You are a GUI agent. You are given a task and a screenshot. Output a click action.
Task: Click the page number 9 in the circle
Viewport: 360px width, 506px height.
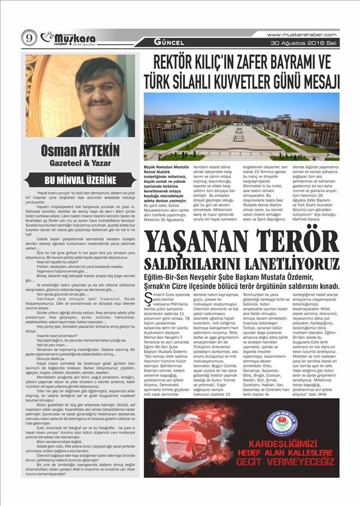click(x=28, y=38)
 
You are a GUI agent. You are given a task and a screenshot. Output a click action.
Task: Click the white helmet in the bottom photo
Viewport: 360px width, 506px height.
click(x=201, y=441)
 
